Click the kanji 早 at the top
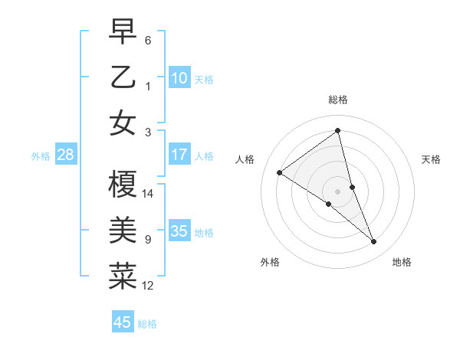123,32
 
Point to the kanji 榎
123,184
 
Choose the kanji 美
123,230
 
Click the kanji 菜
123,276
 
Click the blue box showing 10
179,78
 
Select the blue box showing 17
179,155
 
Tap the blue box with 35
179,231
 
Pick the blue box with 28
65,155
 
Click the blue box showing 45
123,322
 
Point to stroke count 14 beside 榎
148,194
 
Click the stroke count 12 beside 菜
148,286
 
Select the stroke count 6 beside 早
148,41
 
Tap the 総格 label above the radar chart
338,100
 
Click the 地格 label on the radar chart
402,262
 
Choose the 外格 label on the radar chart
270,262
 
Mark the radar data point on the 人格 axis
280,172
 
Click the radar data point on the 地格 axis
374,241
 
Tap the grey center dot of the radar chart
338,191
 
